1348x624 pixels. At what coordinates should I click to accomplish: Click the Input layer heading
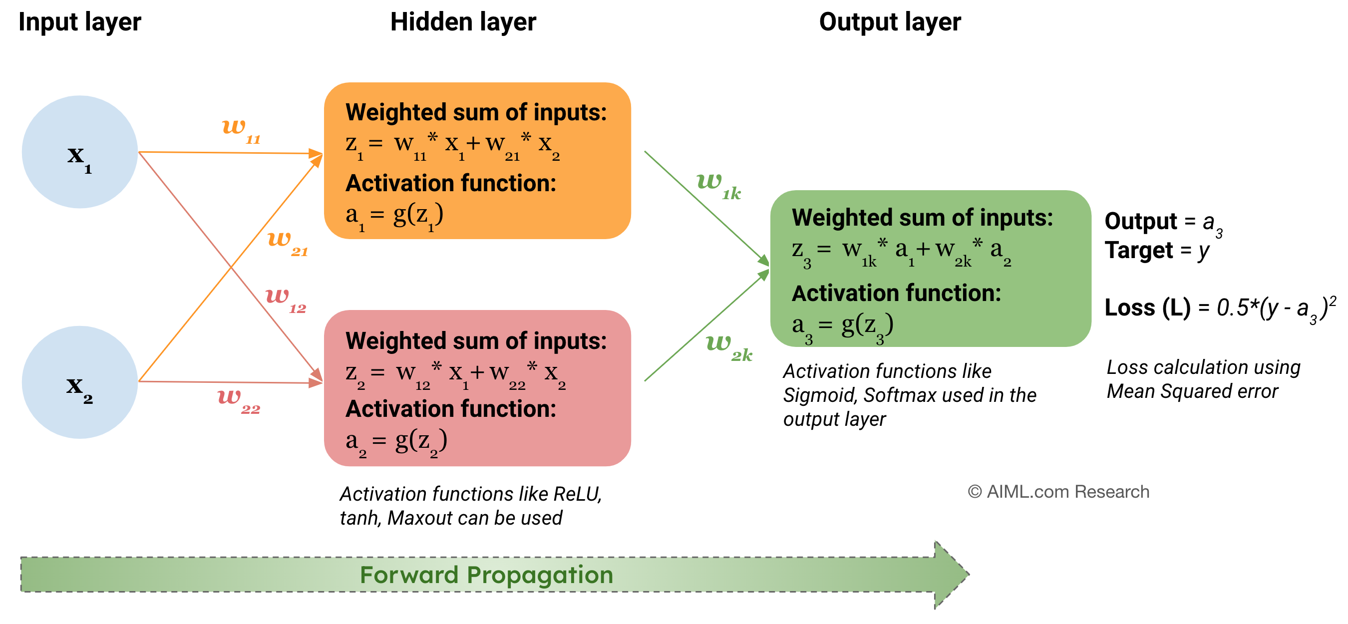pos(79,22)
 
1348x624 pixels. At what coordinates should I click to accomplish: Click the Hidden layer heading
pos(463,22)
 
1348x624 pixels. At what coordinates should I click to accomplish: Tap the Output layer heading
pos(890,22)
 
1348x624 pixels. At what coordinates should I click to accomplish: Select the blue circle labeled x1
pos(79,152)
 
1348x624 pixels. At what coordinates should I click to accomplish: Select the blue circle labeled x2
pos(79,382)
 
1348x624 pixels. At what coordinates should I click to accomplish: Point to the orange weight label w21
pos(287,242)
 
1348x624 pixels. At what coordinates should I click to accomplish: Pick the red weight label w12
pos(285,299)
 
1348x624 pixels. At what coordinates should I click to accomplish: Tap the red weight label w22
pos(238,400)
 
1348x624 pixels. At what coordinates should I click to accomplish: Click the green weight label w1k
pos(718,185)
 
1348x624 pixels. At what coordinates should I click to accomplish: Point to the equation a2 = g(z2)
pos(396,442)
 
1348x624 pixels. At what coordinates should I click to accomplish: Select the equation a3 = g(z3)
pos(843,326)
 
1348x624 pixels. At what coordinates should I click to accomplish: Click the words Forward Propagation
pos(486,575)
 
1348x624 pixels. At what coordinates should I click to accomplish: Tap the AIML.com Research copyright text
pos(1058,492)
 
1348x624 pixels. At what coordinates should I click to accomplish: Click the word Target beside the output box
pos(1139,250)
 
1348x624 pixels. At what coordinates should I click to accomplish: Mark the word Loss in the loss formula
pos(1129,307)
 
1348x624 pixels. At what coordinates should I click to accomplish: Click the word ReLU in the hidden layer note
pos(576,494)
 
